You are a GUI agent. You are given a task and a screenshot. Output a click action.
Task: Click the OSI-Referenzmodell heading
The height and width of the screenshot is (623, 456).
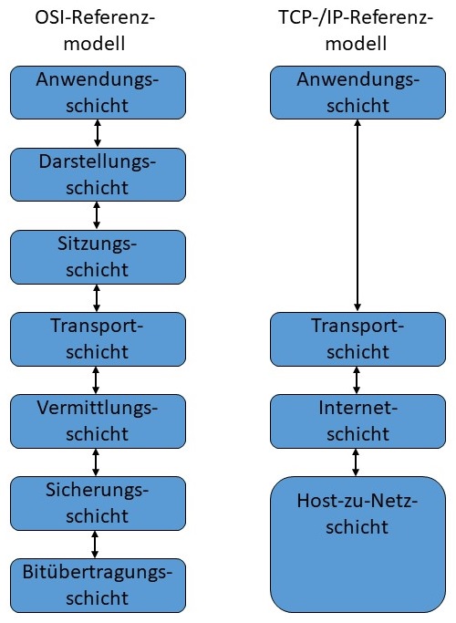click(x=97, y=30)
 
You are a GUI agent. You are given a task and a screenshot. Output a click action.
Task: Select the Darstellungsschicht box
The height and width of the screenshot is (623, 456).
click(x=97, y=174)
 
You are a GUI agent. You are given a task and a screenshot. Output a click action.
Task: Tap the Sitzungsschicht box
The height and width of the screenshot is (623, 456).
click(x=97, y=256)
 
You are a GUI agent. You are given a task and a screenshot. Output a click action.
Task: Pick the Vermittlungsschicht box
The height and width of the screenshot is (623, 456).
click(x=97, y=421)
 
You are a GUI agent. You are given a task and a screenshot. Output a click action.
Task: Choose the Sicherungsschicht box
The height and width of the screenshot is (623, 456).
click(x=97, y=503)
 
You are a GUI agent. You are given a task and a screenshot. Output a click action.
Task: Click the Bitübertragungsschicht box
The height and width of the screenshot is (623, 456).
click(x=97, y=585)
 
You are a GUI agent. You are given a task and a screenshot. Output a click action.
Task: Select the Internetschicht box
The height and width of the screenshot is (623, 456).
click(x=357, y=421)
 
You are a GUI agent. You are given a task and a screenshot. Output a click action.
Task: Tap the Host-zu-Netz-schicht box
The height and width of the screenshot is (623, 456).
click(x=357, y=543)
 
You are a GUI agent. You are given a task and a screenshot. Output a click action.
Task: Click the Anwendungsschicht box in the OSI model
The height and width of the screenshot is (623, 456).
click(x=97, y=92)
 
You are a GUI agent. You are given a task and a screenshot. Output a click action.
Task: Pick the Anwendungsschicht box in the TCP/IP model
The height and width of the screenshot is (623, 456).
click(x=357, y=92)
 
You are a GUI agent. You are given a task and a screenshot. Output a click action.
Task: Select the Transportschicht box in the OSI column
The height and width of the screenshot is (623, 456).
click(x=97, y=338)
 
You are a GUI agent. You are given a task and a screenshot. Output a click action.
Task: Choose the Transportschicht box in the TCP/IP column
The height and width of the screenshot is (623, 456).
click(x=357, y=338)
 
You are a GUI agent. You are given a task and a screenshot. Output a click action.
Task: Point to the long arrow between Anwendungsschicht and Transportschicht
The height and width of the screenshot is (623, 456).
click(x=357, y=215)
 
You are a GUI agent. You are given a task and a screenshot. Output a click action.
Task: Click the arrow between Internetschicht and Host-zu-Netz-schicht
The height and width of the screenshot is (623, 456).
click(x=357, y=462)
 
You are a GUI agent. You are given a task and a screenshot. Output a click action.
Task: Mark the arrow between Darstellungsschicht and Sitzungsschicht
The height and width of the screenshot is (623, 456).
click(x=97, y=215)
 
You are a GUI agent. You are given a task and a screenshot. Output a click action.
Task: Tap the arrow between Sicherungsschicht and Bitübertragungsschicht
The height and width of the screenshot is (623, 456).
click(x=97, y=544)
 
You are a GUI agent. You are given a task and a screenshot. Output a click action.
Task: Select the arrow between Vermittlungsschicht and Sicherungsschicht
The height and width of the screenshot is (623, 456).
click(x=97, y=462)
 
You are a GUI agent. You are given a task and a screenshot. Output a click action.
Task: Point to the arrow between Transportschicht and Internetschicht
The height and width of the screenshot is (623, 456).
click(x=357, y=379)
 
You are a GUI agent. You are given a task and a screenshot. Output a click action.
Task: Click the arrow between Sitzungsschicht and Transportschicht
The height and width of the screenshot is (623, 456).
click(x=97, y=297)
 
